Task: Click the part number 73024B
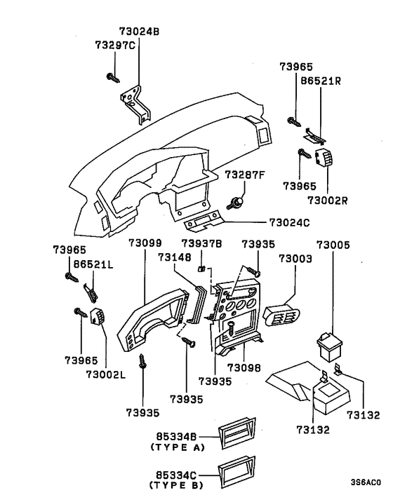pyautogui.click(x=139, y=32)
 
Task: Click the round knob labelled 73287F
pyautogui.click(x=237, y=203)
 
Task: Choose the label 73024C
pyautogui.click(x=289, y=223)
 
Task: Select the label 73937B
pyautogui.click(x=201, y=243)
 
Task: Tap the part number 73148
pyautogui.click(x=173, y=257)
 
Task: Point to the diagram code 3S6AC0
pyautogui.click(x=366, y=482)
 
